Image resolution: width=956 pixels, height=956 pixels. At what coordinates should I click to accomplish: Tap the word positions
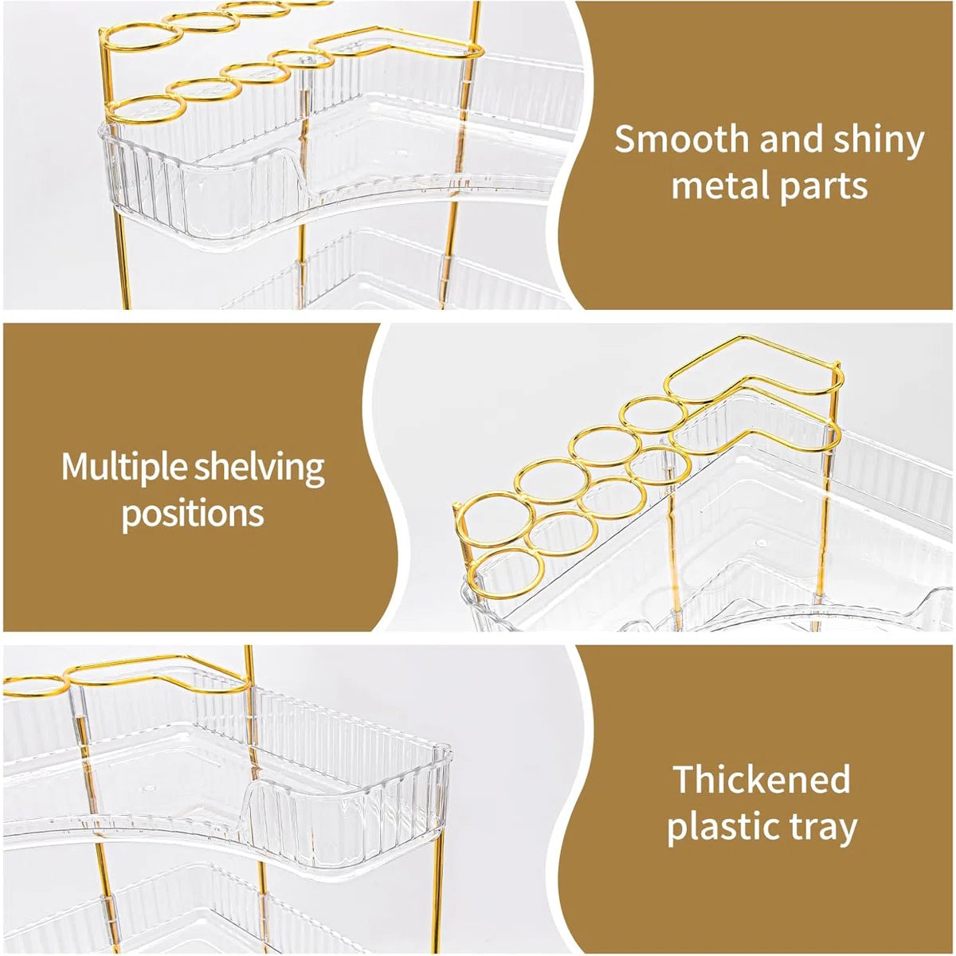193,514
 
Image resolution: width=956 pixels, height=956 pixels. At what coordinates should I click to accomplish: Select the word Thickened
762,779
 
